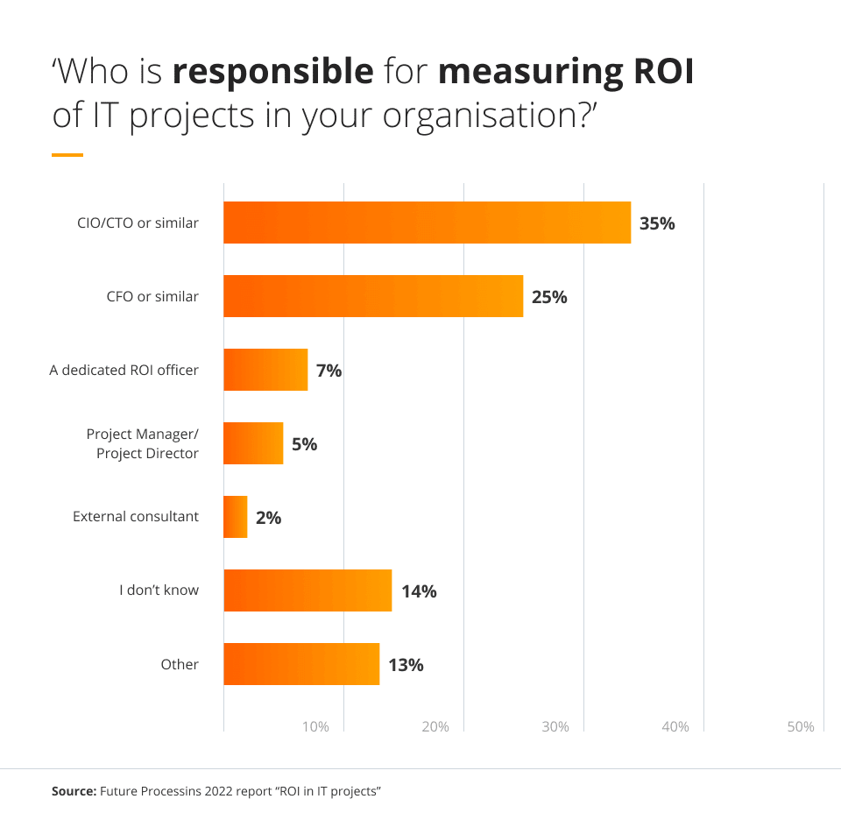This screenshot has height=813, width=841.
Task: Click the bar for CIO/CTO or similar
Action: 427,223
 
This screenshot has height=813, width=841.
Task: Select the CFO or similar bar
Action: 373,296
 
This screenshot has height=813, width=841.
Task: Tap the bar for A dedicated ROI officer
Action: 265,370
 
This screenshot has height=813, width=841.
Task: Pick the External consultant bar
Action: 236,517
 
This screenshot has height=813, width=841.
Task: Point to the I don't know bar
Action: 307,590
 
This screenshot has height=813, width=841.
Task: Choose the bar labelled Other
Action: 301,664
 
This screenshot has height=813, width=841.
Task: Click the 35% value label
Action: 657,223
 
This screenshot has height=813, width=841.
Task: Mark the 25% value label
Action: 549,297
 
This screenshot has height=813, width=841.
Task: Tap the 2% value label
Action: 268,518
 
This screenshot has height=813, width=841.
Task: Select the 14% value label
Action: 419,591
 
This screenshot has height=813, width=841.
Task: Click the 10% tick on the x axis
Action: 315,726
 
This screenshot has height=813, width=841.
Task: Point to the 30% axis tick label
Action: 555,726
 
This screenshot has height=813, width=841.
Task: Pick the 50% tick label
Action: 800,726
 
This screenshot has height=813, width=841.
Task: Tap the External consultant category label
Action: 136,517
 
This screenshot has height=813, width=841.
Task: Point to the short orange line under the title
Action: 67,155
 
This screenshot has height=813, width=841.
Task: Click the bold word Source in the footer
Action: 74,791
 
